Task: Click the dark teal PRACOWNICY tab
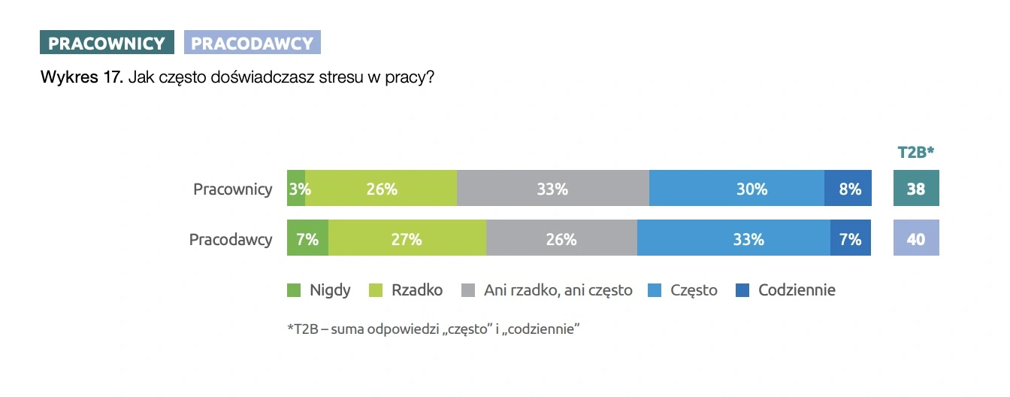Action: (107, 43)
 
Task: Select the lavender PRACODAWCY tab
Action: (252, 43)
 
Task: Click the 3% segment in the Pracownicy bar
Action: (296, 189)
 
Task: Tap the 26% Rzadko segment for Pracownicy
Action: (381, 189)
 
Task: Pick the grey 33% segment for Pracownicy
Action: (552, 189)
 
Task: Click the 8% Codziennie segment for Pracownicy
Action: (848, 189)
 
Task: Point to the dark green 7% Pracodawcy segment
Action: (307, 239)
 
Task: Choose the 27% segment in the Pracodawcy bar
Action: (407, 239)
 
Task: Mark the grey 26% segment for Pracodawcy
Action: (561, 239)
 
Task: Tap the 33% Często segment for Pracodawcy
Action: (733, 239)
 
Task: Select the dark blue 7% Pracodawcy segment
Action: (851, 239)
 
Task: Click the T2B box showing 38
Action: (916, 189)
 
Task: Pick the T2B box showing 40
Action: (916, 239)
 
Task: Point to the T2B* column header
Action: (916, 153)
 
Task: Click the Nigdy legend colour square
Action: (294, 290)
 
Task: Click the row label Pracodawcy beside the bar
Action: (231, 240)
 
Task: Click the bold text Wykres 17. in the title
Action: (81, 77)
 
